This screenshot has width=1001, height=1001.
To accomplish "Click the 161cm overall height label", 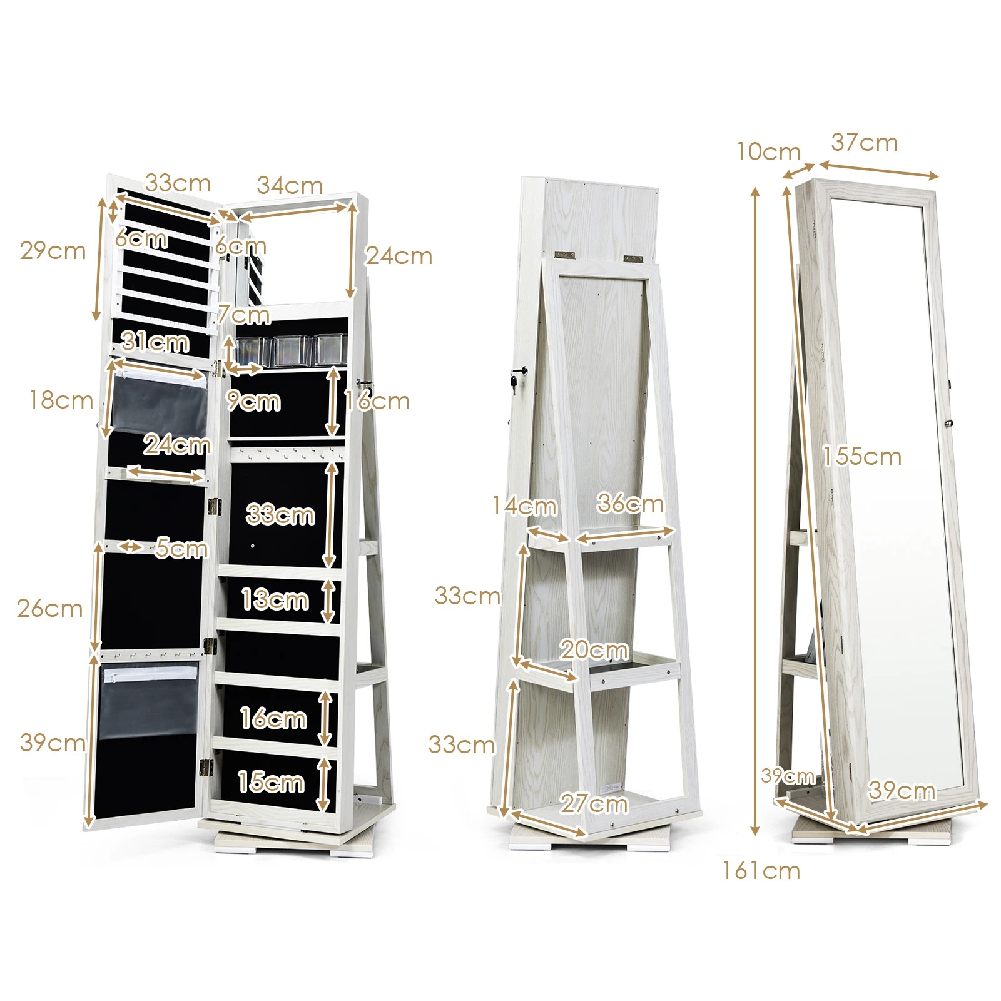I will pos(761,871).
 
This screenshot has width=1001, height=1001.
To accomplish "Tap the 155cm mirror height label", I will pos(861,457).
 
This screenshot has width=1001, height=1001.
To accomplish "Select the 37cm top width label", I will pos(864,143).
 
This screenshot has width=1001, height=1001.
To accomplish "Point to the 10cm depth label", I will pos(768,151).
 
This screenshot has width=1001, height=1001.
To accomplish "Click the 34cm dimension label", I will pos(290,185).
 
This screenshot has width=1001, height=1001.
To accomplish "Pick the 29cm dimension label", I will pos(53,250).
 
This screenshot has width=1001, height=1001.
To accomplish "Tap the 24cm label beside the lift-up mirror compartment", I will pos(399,255).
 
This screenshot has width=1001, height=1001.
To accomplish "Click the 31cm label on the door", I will pos(155,342).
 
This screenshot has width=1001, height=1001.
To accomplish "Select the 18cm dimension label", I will pos(61,400).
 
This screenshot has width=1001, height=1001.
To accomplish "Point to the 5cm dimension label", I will pos(181,548).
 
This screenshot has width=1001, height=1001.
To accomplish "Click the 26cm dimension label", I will pos(49,608).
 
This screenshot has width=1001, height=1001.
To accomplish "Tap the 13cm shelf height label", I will pos(275,600).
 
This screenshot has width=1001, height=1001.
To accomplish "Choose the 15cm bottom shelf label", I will pos(271,783).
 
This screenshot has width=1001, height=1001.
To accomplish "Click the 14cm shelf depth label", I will pos(524,506).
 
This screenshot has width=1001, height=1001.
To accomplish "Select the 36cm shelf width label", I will pos(629,503).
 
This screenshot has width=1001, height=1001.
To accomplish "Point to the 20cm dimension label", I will pos(593,650).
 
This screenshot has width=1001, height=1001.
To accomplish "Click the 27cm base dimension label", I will pos(593,803).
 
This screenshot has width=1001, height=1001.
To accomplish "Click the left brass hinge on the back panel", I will pos(565,255).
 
